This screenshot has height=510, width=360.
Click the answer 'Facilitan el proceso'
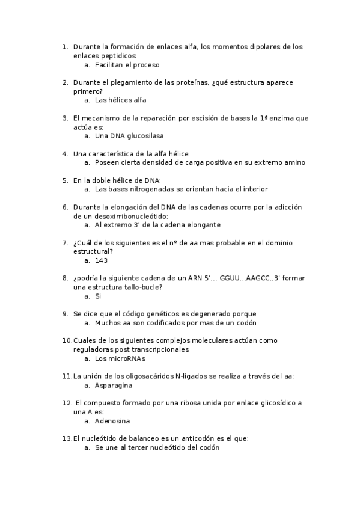(x=127, y=64)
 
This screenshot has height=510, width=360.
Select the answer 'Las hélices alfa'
(x=120, y=100)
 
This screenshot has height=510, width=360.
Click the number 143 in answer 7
(x=101, y=260)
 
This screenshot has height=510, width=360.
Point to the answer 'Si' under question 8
(x=98, y=296)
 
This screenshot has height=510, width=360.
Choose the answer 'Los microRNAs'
(x=120, y=358)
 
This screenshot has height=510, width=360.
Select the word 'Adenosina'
(x=112, y=421)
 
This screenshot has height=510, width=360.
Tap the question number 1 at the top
(x=65, y=46)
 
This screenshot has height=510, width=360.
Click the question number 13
(x=67, y=438)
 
